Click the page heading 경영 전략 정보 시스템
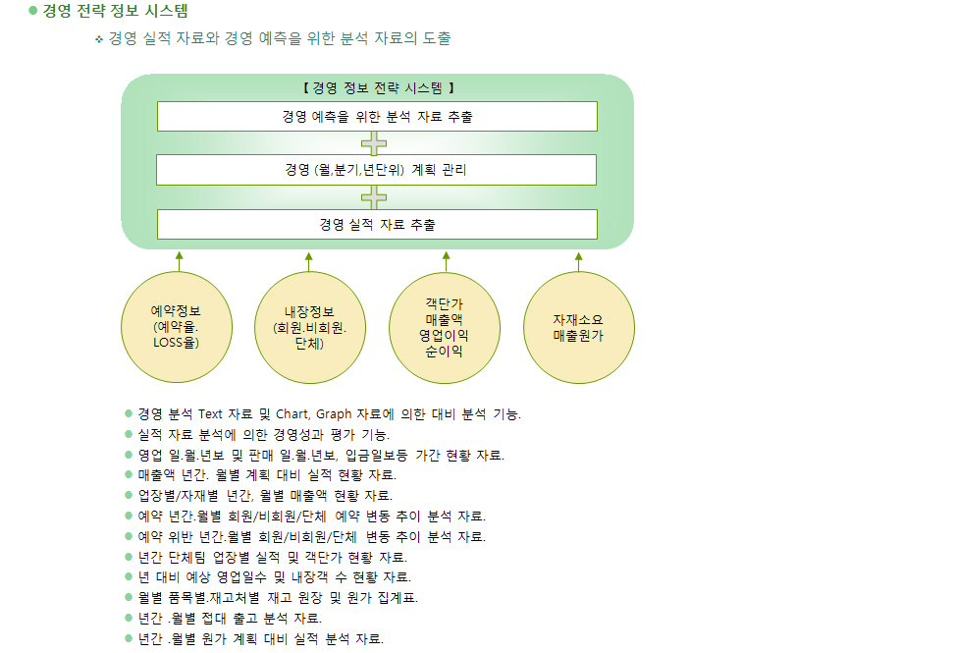coord(115,11)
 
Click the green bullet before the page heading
coord(33,11)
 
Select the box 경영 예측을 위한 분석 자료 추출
coord(377,117)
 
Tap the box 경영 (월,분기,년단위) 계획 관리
coord(376,170)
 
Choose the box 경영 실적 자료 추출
coord(377,224)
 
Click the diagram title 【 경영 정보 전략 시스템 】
coord(378,88)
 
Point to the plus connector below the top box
coord(374,144)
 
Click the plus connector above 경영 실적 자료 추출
coord(374,197)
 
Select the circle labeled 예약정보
coord(177,327)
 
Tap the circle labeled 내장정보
coord(310,327)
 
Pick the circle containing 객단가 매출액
coord(445,328)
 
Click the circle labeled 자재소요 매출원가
coord(578,327)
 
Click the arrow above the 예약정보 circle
coord(179,261)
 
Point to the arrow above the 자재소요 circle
coord(578,262)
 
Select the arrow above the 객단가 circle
coord(446,262)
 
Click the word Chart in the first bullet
coord(292,414)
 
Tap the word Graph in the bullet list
coord(334,414)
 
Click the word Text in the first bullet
coord(210,414)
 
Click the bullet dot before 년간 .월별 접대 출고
coord(129,618)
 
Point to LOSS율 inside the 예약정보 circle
coord(177,343)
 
